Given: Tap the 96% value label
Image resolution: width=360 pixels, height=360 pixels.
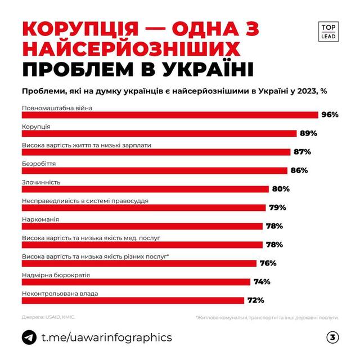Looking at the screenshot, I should coord(330,115).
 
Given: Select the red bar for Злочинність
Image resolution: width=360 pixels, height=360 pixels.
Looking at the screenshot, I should coord(146,189).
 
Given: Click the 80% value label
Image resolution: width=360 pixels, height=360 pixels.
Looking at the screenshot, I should coord(280,189).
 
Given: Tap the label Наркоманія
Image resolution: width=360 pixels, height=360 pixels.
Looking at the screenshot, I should coord(40,219).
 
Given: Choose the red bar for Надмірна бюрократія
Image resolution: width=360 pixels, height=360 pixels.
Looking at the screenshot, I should coord(136,282).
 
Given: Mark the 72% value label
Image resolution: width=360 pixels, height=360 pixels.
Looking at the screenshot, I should coord(254,300).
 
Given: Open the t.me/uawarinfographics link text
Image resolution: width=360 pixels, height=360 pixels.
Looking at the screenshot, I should coord(107,337).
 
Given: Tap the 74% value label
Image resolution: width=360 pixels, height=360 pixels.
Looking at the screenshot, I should coord(262,282).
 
